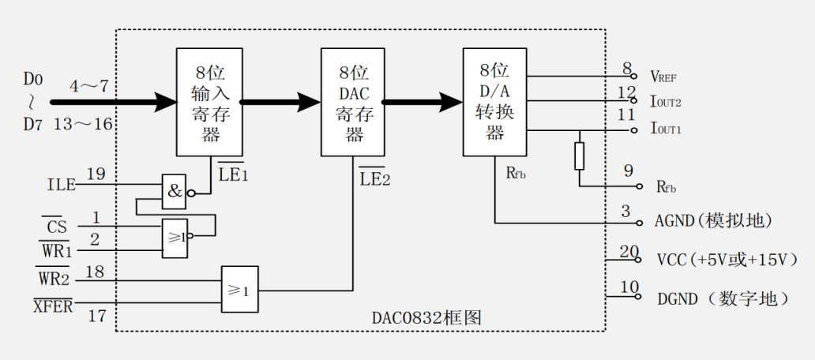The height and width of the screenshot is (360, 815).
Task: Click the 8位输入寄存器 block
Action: [x=209, y=102]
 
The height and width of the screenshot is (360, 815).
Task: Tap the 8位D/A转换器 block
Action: [x=494, y=102]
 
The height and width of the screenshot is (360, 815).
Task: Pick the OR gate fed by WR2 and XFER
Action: [x=240, y=290]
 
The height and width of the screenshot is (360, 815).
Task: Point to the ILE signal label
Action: [x=62, y=186]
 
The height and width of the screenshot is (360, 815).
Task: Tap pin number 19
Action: [x=96, y=174]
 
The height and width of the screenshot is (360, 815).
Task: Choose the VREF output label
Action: [x=663, y=77]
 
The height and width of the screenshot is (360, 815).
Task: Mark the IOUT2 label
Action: [x=666, y=102]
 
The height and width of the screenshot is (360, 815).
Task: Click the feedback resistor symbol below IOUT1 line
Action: [x=580, y=156]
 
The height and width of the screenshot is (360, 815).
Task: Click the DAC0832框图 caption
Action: [x=426, y=318]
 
